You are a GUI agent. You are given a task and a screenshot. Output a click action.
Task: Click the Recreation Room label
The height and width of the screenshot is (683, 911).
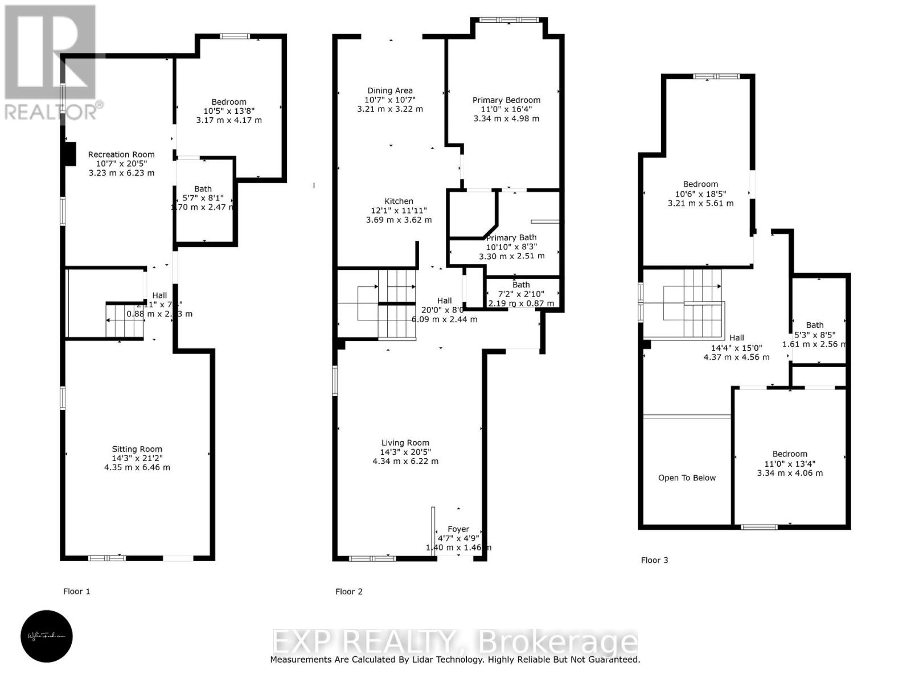pyautogui.click(x=121, y=154)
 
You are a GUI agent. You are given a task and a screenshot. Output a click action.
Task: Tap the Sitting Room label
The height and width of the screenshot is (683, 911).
pyautogui.click(x=137, y=449)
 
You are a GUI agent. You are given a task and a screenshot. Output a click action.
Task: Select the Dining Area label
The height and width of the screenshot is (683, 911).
pyautogui.click(x=390, y=90)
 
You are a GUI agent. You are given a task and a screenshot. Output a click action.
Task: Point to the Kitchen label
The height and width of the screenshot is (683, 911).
pyautogui.click(x=399, y=201)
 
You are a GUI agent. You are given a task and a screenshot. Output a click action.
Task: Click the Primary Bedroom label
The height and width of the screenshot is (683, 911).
pyautogui.click(x=506, y=100)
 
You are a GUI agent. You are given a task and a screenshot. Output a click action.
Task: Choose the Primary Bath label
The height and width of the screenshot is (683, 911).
pyautogui.click(x=511, y=237)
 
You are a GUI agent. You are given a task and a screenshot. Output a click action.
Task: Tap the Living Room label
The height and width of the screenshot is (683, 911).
pyautogui.click(x=405, y=443)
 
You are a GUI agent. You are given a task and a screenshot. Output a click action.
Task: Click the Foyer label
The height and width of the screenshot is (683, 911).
pyautogui.click(x=458, y=529)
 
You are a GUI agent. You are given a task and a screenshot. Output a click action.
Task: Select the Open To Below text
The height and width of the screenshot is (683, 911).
pyautogui.click(x=687, y=478)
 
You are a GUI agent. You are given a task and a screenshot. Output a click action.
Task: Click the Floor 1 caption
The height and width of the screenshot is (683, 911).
pyautogui.click(x=77, y=591)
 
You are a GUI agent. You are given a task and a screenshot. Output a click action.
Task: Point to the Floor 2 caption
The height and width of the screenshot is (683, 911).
pyautogui.click(x=349, y=591)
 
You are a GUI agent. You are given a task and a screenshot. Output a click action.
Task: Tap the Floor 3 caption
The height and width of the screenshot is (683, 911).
pyautogui.click(x=655, y=560)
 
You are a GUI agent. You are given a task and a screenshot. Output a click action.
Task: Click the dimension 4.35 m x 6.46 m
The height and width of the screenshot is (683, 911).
pyautogui.click(x=137, y=467)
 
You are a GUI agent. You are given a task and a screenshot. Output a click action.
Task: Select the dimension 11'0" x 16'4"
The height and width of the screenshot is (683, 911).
pyautogui.click(x=506, y=109)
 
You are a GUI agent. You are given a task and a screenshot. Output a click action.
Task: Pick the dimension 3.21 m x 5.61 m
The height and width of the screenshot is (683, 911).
pyautogui.click(x=700, y=203)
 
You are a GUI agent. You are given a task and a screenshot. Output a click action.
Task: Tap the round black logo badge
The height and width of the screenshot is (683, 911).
pyautogui.click(x=47, y=636)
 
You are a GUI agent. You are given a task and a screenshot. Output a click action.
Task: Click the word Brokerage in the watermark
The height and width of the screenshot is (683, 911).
pyautogui.click(x=558, y=642)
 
